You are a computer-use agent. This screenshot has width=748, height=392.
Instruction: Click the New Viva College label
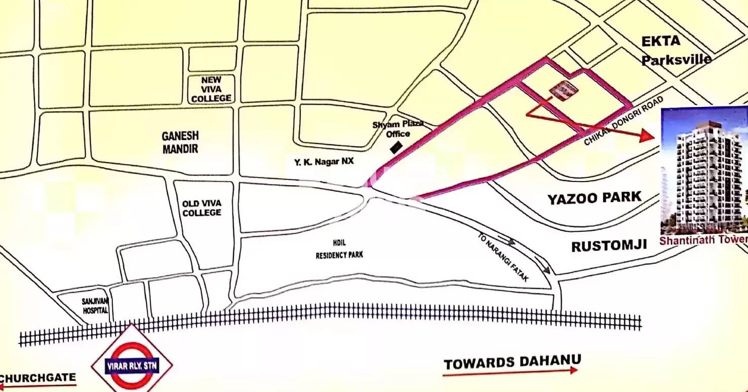[211, 89]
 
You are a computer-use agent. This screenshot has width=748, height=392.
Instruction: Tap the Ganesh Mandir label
[180, 142]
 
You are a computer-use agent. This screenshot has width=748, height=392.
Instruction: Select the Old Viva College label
[202, 208]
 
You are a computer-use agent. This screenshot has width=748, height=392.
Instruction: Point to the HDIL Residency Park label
[339, 252]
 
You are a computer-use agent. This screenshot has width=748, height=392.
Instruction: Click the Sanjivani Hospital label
[95, 305]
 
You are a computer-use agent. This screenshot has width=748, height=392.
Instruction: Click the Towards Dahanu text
[512, 362]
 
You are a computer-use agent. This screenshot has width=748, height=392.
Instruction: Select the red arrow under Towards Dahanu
[509, 372]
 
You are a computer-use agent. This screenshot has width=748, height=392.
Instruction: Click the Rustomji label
[609, 246]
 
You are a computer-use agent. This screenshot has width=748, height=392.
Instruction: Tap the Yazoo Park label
[594, 198]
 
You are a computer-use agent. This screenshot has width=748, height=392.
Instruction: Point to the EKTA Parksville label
[675, 51]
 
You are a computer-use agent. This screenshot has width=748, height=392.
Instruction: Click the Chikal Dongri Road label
[624, 121]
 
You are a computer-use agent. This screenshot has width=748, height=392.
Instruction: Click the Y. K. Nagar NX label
[324, 162]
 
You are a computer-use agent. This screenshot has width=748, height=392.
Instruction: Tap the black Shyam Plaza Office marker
[396, 148]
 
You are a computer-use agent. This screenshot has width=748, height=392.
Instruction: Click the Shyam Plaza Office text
[398, 129]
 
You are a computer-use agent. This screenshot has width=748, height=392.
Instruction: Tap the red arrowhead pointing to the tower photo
[647, 135]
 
